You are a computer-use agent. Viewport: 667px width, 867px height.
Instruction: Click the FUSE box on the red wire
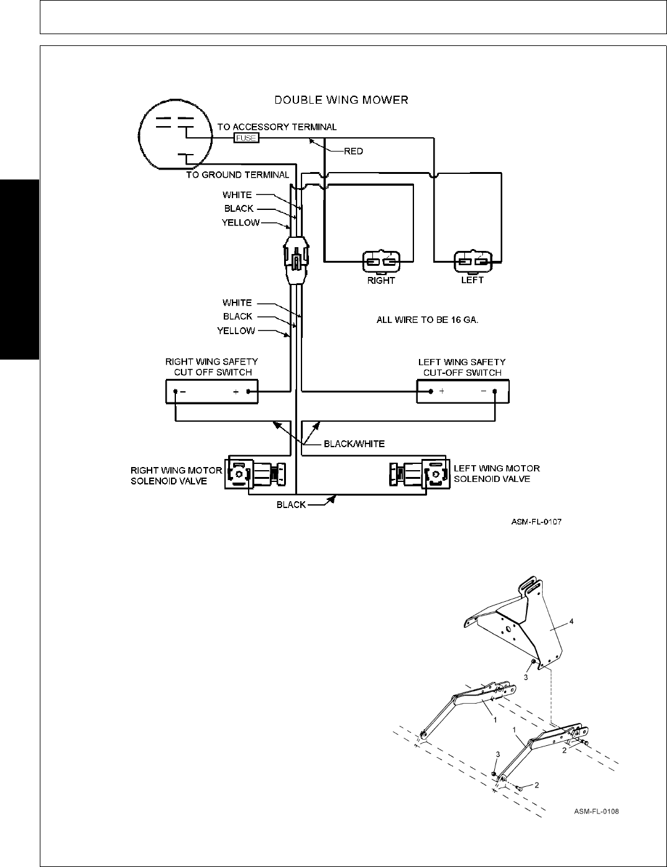coord(246,138)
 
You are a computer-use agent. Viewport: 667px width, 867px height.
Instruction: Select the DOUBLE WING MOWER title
coord(341,99)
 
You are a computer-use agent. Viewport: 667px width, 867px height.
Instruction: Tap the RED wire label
coord(353,151)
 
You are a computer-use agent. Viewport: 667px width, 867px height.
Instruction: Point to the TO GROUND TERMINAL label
coord(237,175)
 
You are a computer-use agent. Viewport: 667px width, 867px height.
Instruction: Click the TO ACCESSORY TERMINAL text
coord(277,127)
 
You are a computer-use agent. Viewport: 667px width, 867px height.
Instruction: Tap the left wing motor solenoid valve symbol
coord(418,475)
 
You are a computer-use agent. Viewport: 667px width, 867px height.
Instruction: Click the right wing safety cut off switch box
coord(211,392)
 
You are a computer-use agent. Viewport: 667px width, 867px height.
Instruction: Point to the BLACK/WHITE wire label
coord(354,443)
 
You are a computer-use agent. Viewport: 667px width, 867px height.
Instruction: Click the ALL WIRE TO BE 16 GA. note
coord(428,320)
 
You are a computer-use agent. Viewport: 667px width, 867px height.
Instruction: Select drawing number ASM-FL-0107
coord(536,522)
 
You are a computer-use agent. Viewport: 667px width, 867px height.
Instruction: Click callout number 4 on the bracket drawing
coord(571,621)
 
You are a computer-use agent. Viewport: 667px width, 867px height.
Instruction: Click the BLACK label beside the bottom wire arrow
coord(291,504)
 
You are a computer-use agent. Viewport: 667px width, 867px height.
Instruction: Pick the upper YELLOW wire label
coord(241,222)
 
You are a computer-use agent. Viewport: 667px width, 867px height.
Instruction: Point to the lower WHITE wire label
coord(237,302)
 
